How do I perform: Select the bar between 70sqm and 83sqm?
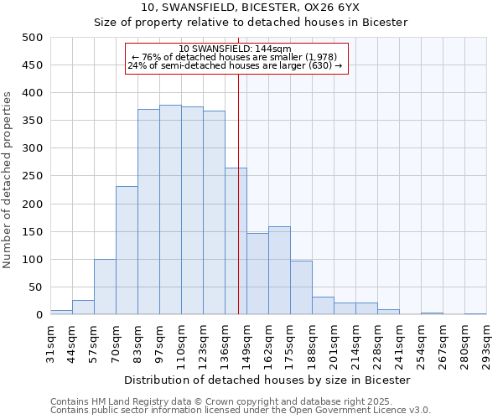tap(127, 251)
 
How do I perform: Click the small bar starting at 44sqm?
tap(83, 308)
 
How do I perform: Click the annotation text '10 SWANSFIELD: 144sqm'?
tap(236, 49)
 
